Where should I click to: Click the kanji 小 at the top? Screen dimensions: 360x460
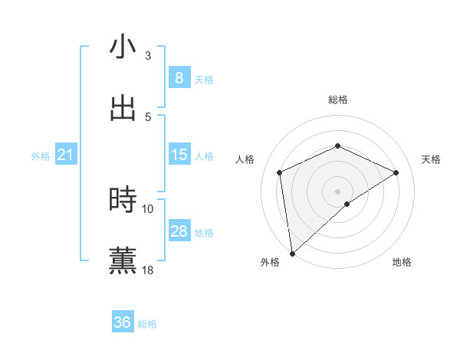(123, 47)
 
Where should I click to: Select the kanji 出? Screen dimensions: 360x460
(123, 108)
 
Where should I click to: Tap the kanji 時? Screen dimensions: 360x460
(123, 200)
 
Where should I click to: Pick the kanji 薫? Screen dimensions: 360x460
(123, 260)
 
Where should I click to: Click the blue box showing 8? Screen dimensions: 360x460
(179, 77)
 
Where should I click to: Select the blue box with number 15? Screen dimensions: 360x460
(179, 155)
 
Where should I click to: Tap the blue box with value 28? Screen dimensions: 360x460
(179, 231)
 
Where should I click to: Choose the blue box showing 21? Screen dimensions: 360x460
(66, 155)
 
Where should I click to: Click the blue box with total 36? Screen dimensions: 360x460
(123, 322)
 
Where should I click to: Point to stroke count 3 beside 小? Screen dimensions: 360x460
(148, 56)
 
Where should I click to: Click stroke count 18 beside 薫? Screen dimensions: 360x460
(148, 270)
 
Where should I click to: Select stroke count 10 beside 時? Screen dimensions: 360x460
(148, 208)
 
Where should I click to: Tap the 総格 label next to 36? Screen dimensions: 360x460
(147, 324)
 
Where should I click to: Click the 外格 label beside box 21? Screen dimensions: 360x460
(41, 156)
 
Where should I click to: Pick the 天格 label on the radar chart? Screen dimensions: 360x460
(431, 159)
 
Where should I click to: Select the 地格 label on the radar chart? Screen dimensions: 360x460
(402, 262)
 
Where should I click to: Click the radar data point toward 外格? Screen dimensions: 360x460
(292, 253)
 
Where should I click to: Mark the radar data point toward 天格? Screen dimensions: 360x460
(396, 172)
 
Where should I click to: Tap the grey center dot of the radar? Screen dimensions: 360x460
(337, 191)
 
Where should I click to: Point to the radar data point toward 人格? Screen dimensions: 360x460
(280, 172)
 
